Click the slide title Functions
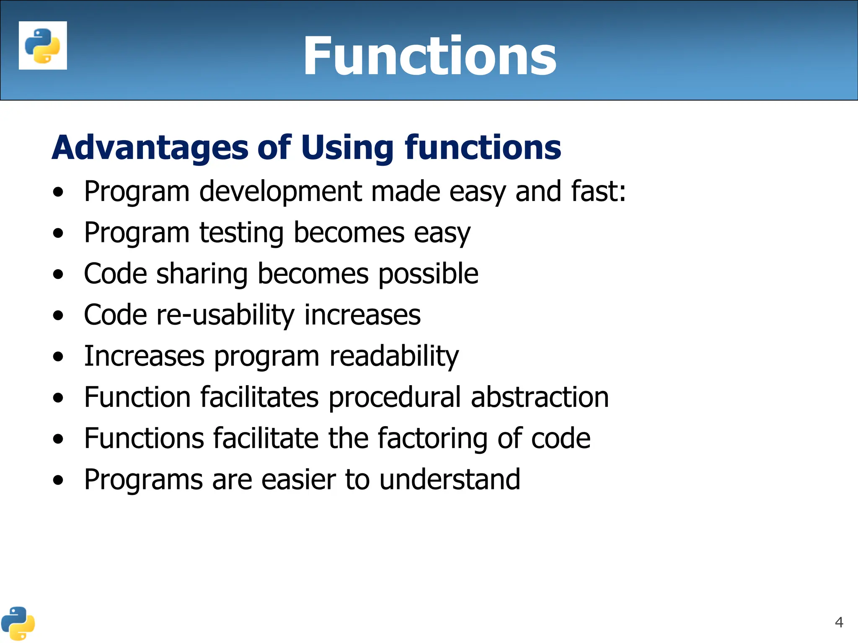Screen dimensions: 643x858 (430, 56)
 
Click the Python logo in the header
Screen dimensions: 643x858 (43, 45)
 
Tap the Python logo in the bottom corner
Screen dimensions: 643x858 (18, 623)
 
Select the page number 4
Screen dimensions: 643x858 (839, 622)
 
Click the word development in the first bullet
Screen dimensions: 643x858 (280, 192)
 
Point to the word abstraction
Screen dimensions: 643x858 (540, 397)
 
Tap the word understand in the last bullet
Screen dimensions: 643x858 (450, 479)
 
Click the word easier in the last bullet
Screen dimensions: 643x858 (298, 479)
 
